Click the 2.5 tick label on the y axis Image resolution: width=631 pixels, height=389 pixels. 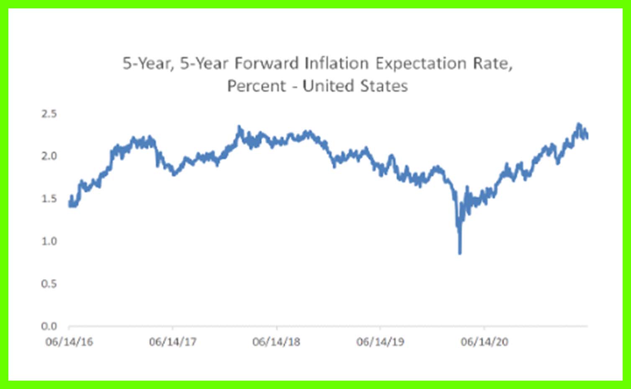[49, 114]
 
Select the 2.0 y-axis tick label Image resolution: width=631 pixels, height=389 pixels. [49, 156]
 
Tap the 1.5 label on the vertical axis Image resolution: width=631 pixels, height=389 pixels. [49, 199]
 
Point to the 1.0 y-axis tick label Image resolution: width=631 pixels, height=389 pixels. [49, 241]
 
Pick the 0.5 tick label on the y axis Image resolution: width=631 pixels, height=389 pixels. [49, 284]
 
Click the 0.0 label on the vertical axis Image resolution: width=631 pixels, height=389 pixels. [49, 326]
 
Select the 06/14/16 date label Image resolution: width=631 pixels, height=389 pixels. [69, 342]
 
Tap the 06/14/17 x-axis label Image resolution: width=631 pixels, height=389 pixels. [172, 342]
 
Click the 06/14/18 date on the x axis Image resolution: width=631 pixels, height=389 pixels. [276, 342]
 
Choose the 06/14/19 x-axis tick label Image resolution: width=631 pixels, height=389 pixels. [380, 342]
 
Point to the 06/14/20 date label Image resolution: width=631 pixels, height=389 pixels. [484, 342]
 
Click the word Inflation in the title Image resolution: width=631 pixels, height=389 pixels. [336, 64]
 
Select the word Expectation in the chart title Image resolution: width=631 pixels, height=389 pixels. [421, 64]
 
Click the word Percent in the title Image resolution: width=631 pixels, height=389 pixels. [257, 86]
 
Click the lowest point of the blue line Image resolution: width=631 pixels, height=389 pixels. [460, 253]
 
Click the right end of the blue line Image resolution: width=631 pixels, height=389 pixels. [587, 137]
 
